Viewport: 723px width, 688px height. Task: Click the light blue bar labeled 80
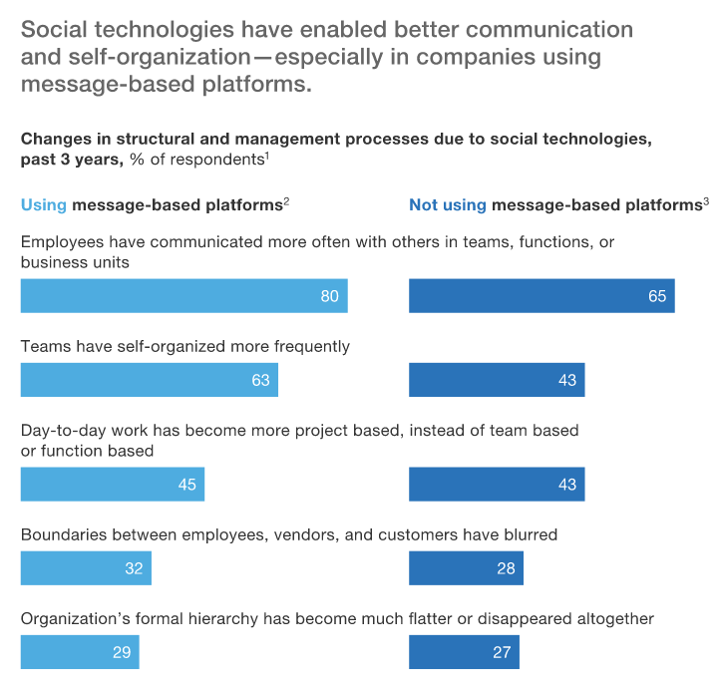tap(183, 296)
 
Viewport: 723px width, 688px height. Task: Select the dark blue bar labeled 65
tap(542, 296)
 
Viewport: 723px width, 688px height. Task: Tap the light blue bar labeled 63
tap(149, 381)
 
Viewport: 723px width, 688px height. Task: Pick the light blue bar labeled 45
tap(112, 484)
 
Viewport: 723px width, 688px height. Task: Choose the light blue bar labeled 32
tap(86, 568)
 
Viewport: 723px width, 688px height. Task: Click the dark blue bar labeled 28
tap(466, 568)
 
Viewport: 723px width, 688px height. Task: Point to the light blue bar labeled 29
tap(80, 653)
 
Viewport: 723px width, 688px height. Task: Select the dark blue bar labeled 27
tap(464, 653)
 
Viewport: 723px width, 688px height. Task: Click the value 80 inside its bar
tap(329, 296)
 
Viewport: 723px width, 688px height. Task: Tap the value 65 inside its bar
tap(656, 296)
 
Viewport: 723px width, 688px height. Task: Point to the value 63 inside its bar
tap(260, 381)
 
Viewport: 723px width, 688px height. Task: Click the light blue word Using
tap(44, 205)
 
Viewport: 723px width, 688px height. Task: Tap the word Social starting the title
tap(54, 30)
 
